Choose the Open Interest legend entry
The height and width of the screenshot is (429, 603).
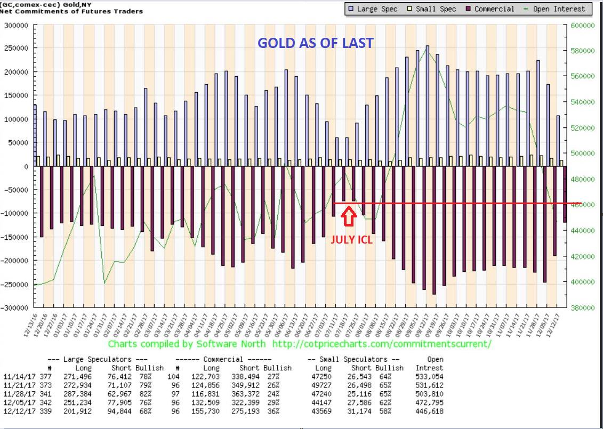coord(558,9)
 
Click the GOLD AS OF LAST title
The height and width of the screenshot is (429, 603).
coord(316,43)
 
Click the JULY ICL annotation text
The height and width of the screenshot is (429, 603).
coord(351,240)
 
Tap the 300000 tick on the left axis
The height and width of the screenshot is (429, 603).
coord(16,25)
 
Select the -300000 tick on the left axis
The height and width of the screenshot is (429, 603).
coord(14,307)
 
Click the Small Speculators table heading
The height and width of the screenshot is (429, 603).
coord(355,359)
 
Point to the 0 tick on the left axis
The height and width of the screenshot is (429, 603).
coord(25,166)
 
